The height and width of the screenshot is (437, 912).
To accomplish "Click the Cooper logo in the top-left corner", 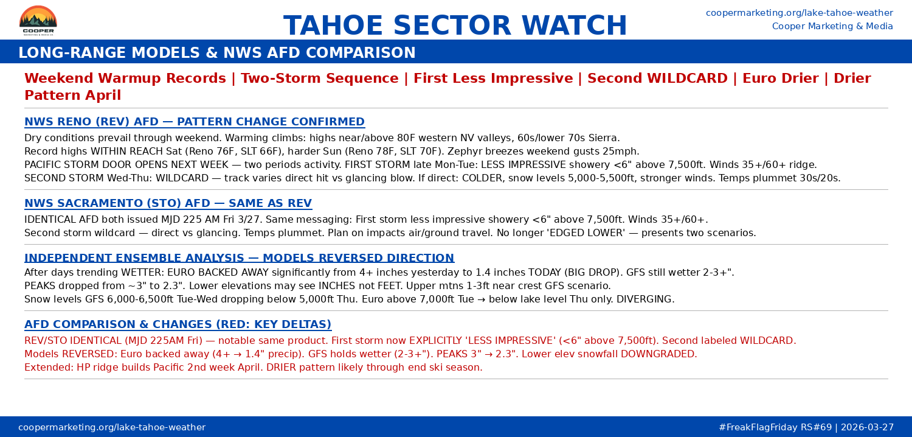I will coord(38,21).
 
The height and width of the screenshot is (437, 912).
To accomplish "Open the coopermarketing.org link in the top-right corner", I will coord(799,13).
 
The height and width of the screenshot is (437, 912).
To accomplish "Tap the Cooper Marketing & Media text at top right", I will coord(832,26).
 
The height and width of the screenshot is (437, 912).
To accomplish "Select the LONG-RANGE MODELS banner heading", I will coord(216,53).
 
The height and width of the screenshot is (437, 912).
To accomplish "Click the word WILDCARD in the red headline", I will coord(687,79).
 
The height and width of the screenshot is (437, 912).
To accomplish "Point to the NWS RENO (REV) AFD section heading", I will coord(194,122).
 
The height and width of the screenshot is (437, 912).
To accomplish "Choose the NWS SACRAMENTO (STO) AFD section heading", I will coord(168,203).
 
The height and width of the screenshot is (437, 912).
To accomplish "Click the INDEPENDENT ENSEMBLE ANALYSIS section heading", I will coord(239,258).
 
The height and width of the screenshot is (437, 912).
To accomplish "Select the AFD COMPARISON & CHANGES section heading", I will coord(178,324).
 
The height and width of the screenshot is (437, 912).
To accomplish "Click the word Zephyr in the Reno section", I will coord(465,152).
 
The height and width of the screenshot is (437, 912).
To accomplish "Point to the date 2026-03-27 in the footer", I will coord(868,427).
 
